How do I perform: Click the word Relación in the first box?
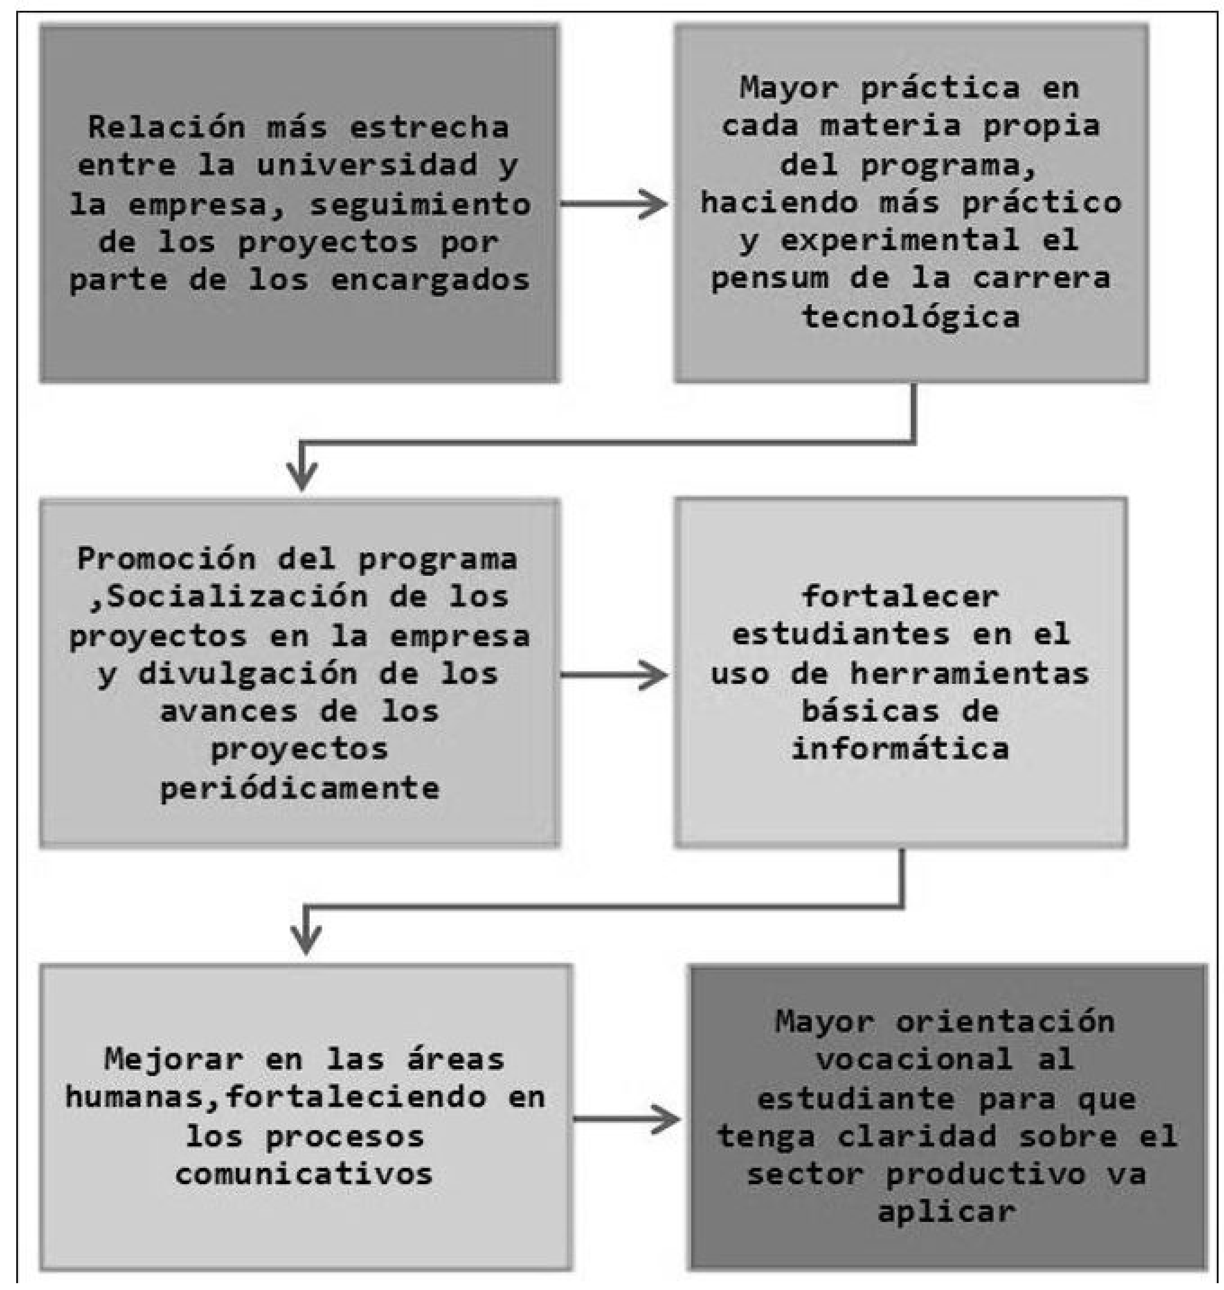point(166,127)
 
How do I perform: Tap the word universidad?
point(367,165)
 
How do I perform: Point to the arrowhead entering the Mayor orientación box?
point(666,1120)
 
